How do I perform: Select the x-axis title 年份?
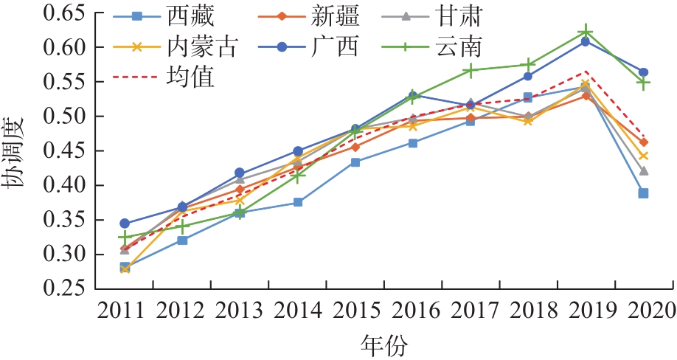tap(384, 345)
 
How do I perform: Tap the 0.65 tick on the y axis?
tap(65, 13)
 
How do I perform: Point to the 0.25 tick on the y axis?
tap(65, 289)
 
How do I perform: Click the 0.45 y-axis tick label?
tap(65, 151)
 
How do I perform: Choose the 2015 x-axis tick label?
tap(355, 310)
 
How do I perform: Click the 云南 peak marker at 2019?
tap(586, 31)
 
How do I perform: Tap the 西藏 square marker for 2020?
tap(643, 193)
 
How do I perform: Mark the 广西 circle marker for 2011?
tap(125, 223)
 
